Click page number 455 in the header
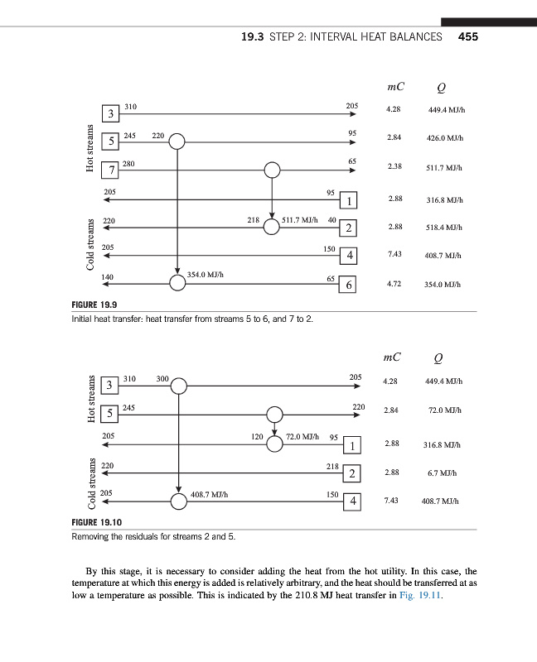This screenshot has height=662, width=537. pos(468,36)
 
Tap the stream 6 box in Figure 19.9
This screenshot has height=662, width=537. pos(350,285)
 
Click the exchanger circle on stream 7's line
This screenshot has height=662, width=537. pos(273,170)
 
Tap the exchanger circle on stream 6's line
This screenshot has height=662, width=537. pos(177,283)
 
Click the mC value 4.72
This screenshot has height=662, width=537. pos(394,284)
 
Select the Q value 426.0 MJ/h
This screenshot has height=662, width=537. pos(444,138)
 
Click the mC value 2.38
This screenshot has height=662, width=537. pos(394,166)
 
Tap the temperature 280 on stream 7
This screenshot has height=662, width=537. pos(128,164)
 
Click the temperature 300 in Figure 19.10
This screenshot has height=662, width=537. pos(162,378)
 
